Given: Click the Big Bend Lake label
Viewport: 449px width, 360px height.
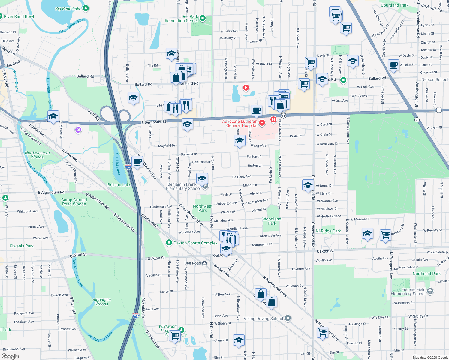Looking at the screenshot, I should click(x=68, y=9).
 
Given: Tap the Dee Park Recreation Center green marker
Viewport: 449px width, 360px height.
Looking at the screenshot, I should click(x=203, y=18).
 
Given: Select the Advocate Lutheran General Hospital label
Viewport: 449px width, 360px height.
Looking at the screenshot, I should click(x=240, y=123).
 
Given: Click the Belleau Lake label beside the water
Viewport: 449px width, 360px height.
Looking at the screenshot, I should click(x=119, y=185).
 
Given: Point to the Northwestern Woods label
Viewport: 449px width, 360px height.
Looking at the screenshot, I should click(x=37, y=155).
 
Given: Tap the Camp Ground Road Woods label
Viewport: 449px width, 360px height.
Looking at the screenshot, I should click(x=74, y=202).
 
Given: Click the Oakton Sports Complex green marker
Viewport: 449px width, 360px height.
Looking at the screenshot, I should click(x=169, y=243).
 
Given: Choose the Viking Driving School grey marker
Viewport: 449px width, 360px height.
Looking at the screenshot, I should click(x=288, y=318).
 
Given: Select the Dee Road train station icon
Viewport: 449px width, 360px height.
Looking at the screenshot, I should click(x=204, y=263).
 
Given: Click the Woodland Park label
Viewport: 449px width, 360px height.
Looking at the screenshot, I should click(x=272, y=221).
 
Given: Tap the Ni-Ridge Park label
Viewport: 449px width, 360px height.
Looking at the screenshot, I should click(x=328, y=231).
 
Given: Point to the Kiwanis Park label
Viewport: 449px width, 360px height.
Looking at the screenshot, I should click(x=22, y=246).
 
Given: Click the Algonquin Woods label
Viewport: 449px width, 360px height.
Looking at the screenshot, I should click(x=102, y=302).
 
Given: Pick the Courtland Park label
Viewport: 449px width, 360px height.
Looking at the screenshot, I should click(x=394, y=5).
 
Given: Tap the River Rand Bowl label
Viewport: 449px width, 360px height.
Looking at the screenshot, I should click(x=19, y=16).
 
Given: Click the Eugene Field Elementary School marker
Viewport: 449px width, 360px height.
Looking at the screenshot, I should click(x=430, y=291).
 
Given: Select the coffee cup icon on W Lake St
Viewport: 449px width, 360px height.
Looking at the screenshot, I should click(x=393, y=65).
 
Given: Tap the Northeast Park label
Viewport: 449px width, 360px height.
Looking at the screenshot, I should click(x=426, y=274).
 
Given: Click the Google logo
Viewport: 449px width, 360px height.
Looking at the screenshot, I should click(x=10, y=356).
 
